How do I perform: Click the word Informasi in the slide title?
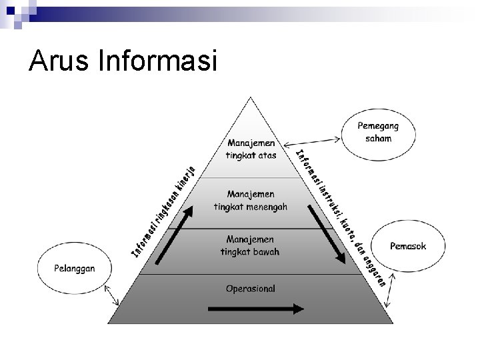click(157, 61)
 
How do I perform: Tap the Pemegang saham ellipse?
click(378, 132)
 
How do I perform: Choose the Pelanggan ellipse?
click(75, 268)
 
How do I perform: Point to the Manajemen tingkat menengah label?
click(251, 200)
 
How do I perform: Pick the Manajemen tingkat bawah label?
click(250, 245)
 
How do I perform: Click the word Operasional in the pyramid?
click(251, 289)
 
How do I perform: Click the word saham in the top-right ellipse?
click(378, 138)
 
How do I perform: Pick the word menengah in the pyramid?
click(266, 206)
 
